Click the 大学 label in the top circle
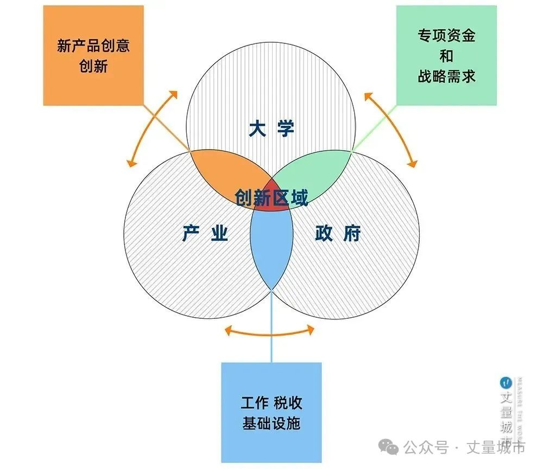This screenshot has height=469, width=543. click(271, 129)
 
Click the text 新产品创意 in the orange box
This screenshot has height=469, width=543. click(93, 46)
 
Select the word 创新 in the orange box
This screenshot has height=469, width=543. click(93, 66)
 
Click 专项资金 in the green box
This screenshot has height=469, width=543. click(446, 35)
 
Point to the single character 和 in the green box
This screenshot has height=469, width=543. click(446, 56)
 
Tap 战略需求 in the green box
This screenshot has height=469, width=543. click(446, 76)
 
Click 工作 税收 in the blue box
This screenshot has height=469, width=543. click(271, 403)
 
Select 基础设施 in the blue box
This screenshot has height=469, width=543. click(271, 423)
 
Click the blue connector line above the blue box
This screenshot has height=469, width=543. click(271, 326)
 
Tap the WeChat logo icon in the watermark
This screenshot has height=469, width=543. click(388, 447)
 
